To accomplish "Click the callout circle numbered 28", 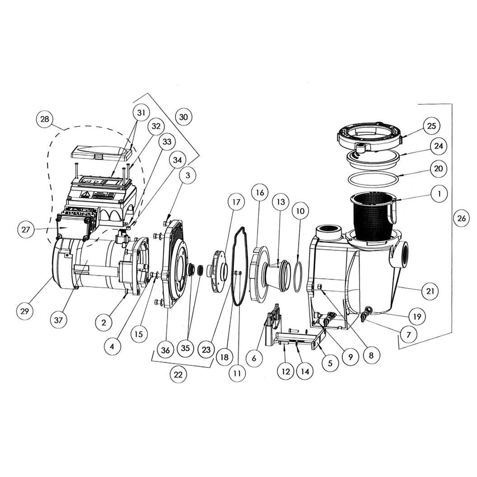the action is pyautogui.click(x=45, y=119).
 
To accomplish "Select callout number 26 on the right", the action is pyautogui.click(x=462, y=218).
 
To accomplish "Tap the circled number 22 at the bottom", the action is pyautogui.click(x=178, y=374).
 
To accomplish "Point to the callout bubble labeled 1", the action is pyautogui.click(x=439, y=193).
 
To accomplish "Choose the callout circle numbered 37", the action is pyautogui.click(x=58, y=320).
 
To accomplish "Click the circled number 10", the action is pyautogui.click(x=300, y=211).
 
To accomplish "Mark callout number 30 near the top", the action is pyautogui.click(x=184, y=117).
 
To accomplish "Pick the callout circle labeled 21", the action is pyautogui.click(x=430, y=291).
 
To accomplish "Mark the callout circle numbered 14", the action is pyautogui.click(x=305, y=371).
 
